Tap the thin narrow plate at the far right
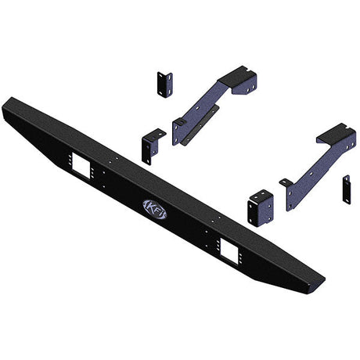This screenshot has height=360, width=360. tap(346, 190)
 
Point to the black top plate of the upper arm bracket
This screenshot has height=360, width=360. tap(238, 79)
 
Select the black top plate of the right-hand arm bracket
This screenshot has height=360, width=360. tap(337, 134)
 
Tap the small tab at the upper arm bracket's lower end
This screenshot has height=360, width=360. tap(178, 124)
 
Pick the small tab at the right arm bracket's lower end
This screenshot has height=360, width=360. tap(286, 185)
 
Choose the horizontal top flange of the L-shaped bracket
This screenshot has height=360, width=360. tap(156, 133)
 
